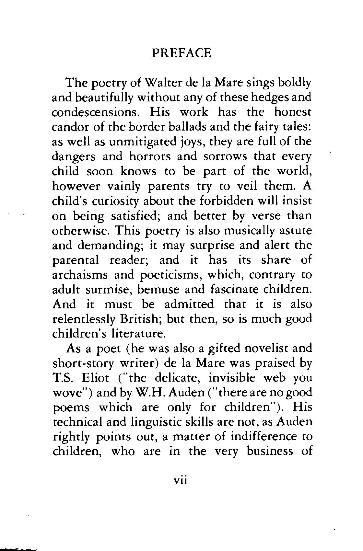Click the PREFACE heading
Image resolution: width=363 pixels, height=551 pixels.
point(181,53)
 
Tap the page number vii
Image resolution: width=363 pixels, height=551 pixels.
point(181,480)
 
